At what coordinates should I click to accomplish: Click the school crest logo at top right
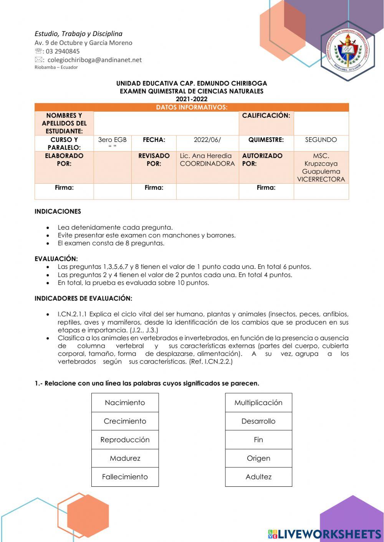(x=348, y=51)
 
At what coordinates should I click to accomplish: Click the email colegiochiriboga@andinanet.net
(x=94, y=60)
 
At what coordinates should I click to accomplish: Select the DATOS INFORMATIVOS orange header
(x=192, y=107)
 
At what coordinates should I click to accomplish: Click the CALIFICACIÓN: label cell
(x=266, y=115)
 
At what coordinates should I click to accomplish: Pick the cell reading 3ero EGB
(x=112, y=140)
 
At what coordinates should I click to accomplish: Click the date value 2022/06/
(x=207, y=140)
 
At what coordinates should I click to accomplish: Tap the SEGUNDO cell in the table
(x=321, y=140)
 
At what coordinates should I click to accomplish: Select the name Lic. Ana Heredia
(x=206, y=156)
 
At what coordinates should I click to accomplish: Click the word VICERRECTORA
(x=321, y=180)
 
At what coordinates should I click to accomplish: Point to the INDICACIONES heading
(x=58, y=211)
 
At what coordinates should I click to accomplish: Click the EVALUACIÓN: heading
(x=56, y=259)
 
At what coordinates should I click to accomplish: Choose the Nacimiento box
(x=125, y=403)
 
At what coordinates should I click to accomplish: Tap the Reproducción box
(x=125, y=440)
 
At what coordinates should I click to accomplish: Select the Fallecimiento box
(x=125, y=477)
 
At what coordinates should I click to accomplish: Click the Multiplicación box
(x=258, y=403)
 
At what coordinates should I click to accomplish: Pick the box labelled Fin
(x=258, y=440)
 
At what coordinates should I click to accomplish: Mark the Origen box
(x=258, y=458)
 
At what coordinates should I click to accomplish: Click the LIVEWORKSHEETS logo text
(x=329, y=534)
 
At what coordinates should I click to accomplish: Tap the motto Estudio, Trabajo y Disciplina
(x=78, y=34)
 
